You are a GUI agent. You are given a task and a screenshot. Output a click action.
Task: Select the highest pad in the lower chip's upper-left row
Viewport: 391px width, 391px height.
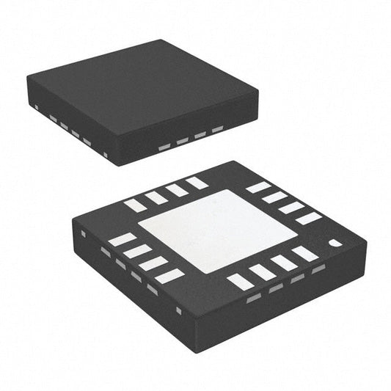pos(197,183)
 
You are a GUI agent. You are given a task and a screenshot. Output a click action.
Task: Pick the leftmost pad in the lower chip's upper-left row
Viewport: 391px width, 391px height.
pos(135,205)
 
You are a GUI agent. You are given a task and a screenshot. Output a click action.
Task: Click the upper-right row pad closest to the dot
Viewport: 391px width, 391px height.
pos(308,218)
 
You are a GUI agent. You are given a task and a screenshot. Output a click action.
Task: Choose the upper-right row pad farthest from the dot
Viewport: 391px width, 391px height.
pos(258,188)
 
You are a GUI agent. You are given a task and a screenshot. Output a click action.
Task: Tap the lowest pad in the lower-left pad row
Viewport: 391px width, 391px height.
pos(169,277)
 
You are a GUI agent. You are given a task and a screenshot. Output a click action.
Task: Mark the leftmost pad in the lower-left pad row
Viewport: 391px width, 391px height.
pos(122,239)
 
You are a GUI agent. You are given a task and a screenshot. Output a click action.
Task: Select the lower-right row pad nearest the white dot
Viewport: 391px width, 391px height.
pos(305,253)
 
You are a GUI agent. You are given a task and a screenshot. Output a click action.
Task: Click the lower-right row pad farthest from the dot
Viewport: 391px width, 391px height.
pos(240,281)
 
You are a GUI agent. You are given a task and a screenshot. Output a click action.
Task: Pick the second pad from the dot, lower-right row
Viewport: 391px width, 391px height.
pos(283,263)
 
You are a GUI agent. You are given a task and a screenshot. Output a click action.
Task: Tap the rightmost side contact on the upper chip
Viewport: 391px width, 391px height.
pos(217,131)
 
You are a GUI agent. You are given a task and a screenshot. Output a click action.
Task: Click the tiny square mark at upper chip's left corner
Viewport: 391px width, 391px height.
pos(36,107)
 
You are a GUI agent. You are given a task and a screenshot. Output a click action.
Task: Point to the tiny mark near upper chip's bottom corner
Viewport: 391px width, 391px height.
pos(106,154)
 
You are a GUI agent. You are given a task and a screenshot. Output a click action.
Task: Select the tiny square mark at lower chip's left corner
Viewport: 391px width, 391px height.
pos(83,234)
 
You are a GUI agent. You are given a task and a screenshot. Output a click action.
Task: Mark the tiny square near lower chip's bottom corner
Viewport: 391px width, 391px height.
pos(178,310)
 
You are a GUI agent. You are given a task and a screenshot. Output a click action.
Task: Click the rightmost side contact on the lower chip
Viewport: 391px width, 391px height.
pos(318,269)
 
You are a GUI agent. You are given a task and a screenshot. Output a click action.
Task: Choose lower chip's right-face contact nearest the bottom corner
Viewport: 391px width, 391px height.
pos(254,298)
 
